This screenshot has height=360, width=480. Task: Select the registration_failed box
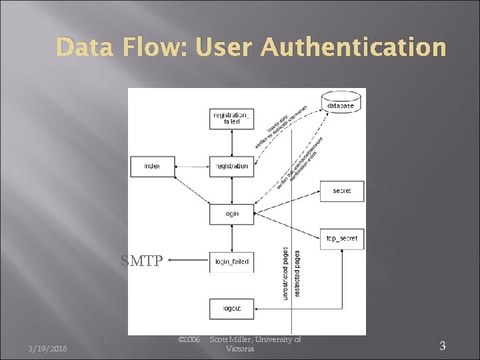231,118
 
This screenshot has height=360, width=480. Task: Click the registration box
231,165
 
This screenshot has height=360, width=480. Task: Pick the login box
231,214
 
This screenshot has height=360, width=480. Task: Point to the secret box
341,191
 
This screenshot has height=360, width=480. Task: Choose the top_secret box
341,238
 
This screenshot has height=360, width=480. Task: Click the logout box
231,309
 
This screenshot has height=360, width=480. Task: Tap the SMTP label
141,261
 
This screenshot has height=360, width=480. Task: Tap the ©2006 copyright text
189,340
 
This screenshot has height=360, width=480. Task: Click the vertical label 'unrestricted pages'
285,273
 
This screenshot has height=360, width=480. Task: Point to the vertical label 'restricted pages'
297,273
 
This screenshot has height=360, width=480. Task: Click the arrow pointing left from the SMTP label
187,261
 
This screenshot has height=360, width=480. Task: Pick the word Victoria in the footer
239,349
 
